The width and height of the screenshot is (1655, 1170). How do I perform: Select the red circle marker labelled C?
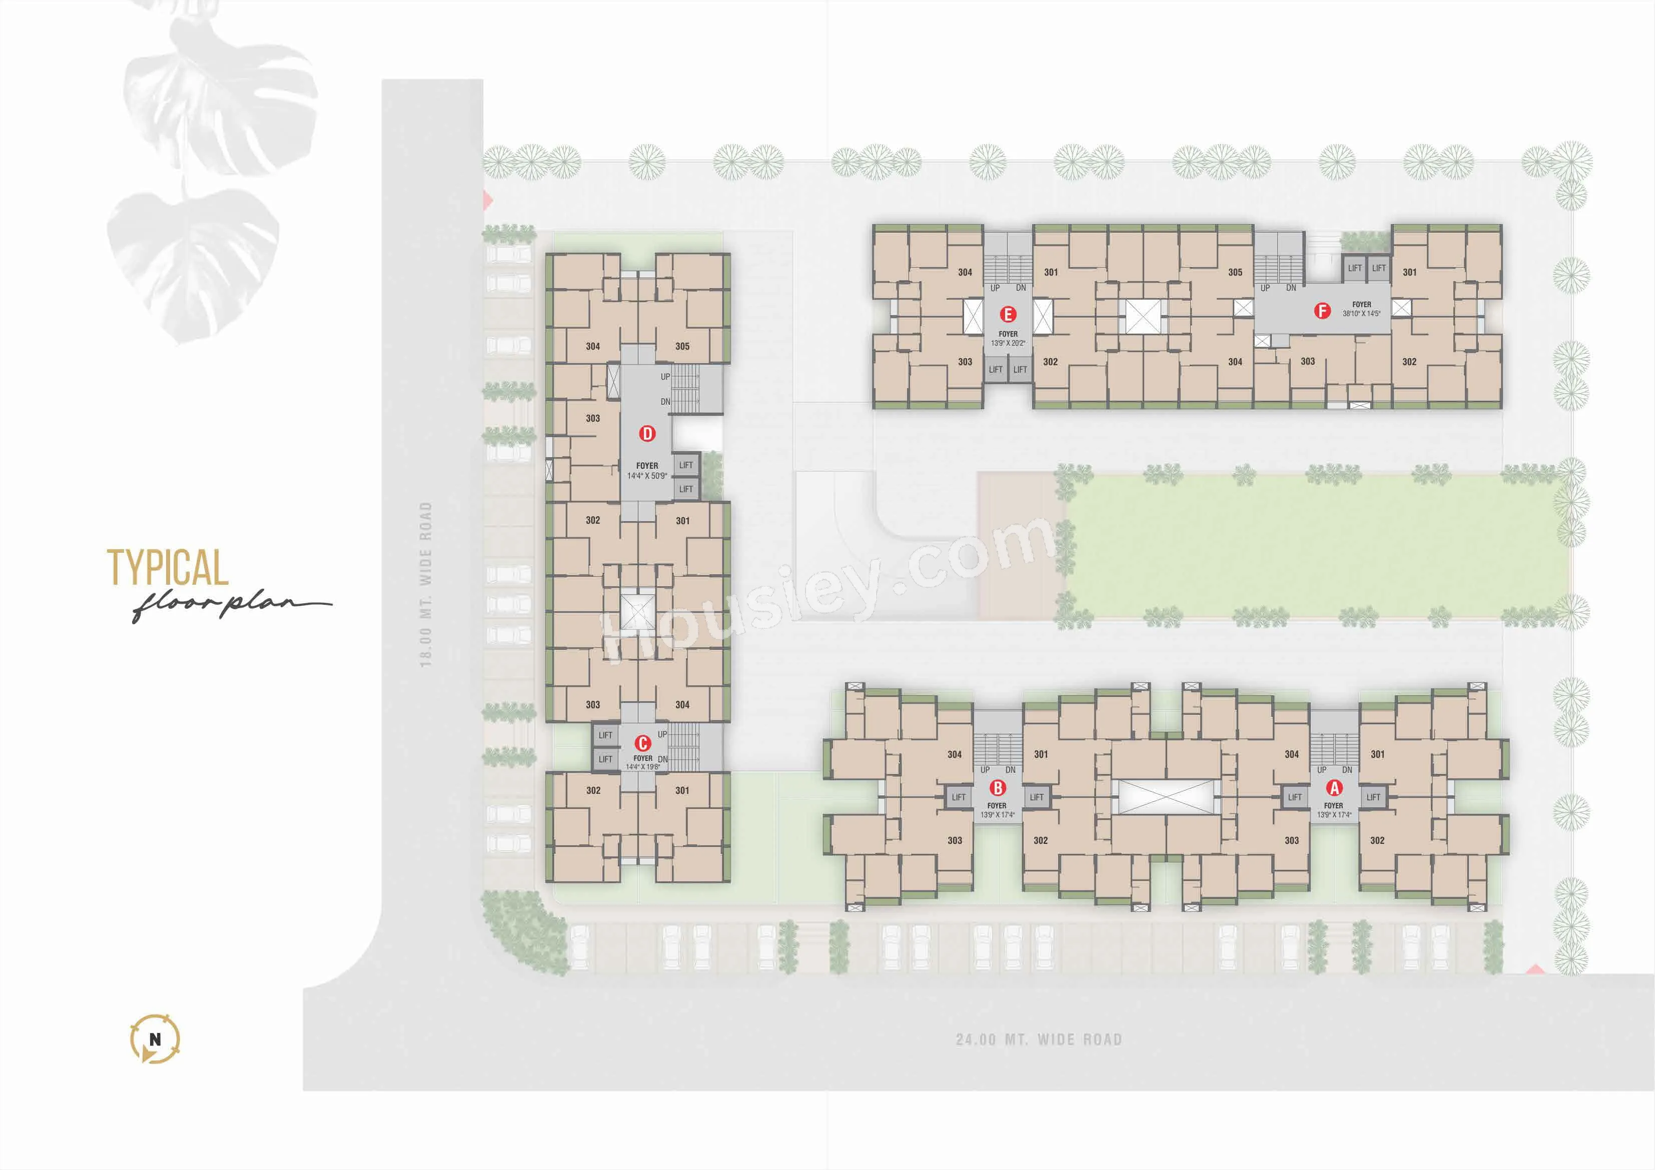coord(643,742)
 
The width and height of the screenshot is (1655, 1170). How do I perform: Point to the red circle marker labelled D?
coord(647,433)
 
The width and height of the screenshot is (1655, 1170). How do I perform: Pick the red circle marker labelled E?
coord(1008,314)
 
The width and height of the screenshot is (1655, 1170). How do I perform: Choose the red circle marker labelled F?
coord(1322,311)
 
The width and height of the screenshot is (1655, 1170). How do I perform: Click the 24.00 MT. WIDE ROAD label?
coord(1039,1039)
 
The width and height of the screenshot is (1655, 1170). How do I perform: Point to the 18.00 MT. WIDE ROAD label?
coord(425,585)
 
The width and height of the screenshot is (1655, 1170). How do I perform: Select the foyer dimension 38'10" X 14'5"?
coord(1362,314)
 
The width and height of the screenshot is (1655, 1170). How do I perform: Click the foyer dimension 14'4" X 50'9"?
coord(647,476)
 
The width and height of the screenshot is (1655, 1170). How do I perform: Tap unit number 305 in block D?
coord(682,346)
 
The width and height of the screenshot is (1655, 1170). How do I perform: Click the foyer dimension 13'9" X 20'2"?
coord(1008,343)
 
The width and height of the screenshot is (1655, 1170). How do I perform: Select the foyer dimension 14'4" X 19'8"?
coord(643,767)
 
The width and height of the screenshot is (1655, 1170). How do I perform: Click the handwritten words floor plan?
coord(231,606)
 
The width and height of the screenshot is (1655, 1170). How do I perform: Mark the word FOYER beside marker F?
coord(1362,304)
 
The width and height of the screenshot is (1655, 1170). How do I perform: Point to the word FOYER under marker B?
coord(997,806)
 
